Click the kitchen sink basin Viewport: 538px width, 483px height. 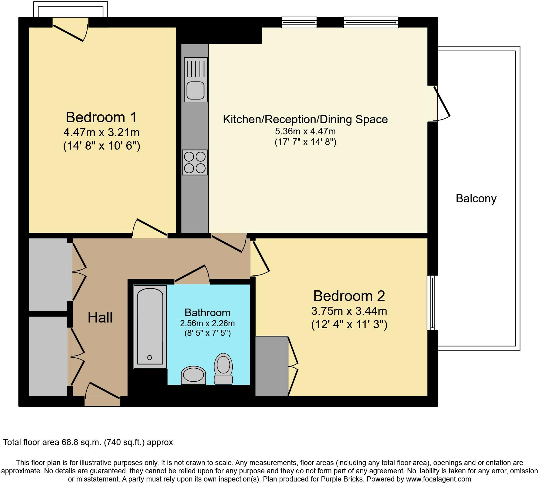195,90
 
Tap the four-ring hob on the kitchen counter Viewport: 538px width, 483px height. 195,162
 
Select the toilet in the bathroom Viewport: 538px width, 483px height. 223,369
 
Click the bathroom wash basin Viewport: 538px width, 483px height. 194,376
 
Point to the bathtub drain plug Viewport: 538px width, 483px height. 149,358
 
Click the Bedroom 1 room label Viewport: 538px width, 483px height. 101,117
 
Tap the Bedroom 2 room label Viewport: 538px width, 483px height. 349,296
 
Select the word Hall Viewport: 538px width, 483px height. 100,318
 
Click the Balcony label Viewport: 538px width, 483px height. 476,199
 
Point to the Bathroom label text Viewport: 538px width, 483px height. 208,312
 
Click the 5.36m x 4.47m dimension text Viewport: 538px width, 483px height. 305,131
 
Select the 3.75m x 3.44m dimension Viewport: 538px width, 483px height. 349,311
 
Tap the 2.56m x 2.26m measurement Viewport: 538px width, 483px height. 208,323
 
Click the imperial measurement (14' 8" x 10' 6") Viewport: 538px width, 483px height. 101,146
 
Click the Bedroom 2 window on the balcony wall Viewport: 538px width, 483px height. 433,302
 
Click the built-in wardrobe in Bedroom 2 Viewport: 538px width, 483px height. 272,366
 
